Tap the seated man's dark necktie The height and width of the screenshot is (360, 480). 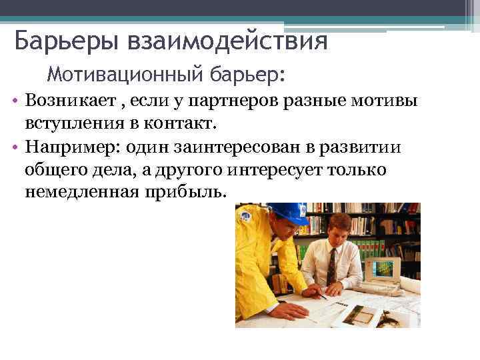pyautogui.click(x=331, y=267)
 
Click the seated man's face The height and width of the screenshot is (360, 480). pyautogui.click(x=338, y=230)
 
